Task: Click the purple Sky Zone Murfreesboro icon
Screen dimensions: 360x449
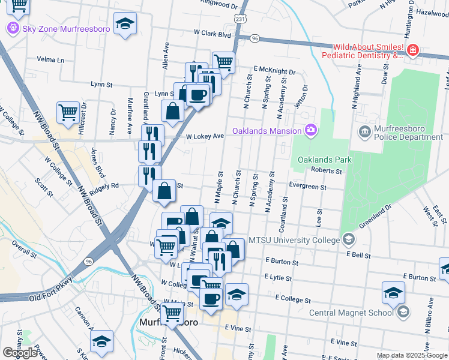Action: point(12,28)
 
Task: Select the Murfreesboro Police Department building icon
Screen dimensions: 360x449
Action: point(364,131)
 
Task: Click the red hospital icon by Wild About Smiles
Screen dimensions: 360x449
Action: point(412,50)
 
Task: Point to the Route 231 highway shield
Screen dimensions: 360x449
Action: point(240,19)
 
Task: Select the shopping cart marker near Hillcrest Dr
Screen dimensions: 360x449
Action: point(68,112)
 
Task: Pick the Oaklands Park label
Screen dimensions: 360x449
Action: point(321,160)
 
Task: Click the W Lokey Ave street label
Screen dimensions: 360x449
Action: point(204,136)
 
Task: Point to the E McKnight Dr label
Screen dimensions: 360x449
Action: point(274,70)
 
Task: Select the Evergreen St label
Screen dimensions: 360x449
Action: point(307,187)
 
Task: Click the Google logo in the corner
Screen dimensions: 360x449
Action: point(20,353)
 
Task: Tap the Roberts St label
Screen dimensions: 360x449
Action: point(326,170)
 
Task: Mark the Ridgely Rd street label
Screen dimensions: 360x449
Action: point(104,188)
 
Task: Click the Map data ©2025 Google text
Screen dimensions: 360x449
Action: point(411,355)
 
